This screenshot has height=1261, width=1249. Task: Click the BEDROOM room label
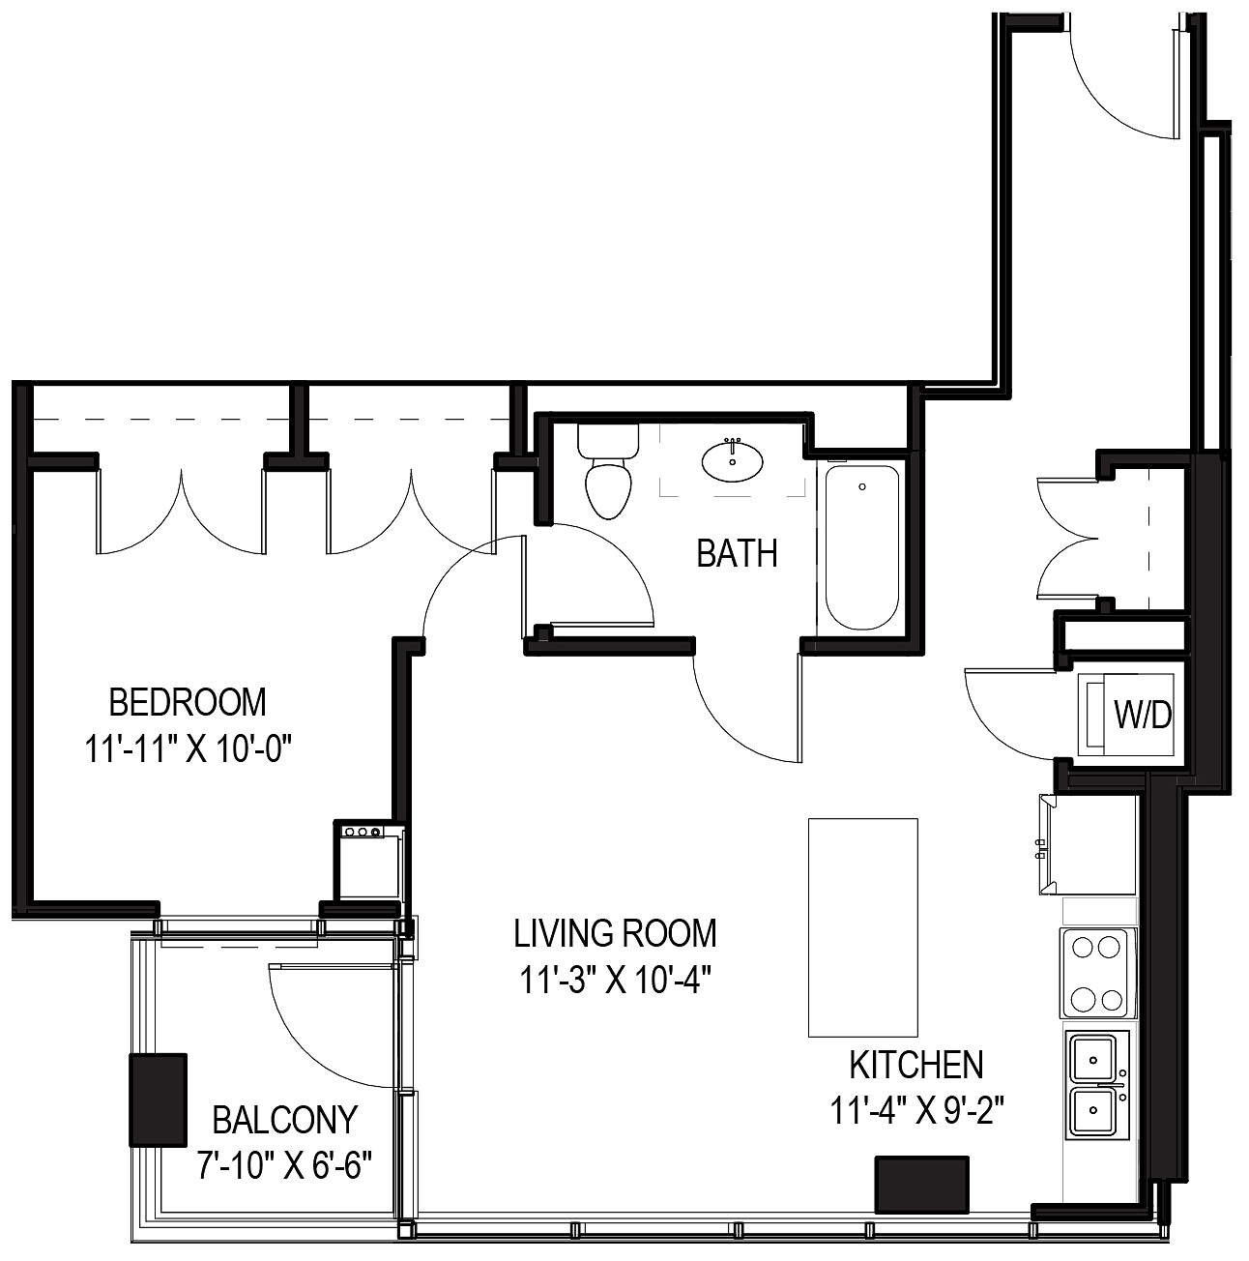188,701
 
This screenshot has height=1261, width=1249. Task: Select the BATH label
737,554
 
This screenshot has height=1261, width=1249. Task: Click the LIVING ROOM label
615,933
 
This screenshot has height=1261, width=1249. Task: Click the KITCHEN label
915,1065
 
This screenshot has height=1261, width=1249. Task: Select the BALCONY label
284,1120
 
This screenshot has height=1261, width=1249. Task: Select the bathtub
862,547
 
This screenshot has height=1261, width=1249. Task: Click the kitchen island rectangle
862,926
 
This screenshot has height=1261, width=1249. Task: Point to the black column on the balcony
158,1100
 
